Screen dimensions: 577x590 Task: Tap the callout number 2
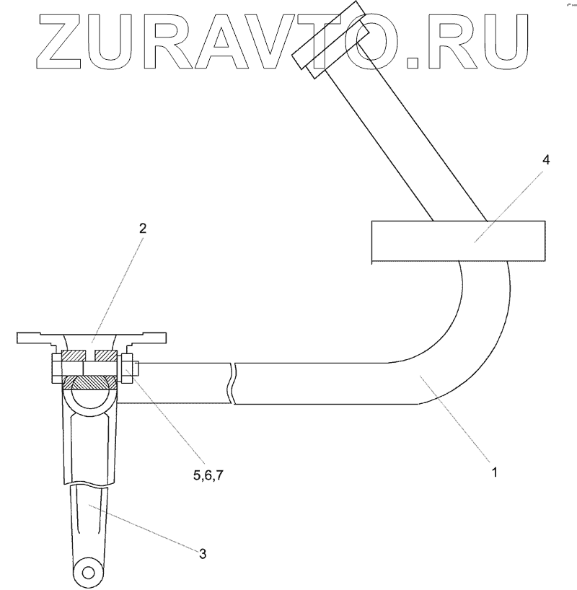[x=143, y=229]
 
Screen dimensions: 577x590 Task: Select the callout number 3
[x=203, y=553]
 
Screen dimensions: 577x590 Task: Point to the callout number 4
[x=546, y=160]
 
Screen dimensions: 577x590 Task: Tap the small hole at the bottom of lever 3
[x=88, y=573]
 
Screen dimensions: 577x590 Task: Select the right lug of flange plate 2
[x=152, y=337]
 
